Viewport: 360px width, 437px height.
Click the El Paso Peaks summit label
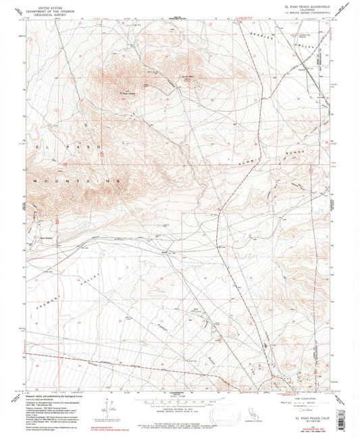coord(128,93)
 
